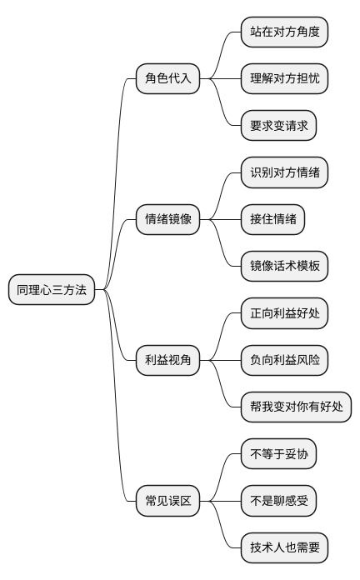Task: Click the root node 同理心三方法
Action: [x=52, y=290]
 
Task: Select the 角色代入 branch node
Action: [x=167, y=79]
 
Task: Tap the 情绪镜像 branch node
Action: [x=167, y=219]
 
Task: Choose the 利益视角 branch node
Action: [x=167, y=360]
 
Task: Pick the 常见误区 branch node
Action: [x=167, y=501]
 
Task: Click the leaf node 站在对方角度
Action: [x=284, y=32]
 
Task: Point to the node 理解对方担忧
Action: [x=284, y=79]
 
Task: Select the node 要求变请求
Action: [x=278, y=126]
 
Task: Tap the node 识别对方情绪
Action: [x=284, y=172]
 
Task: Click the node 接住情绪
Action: [x=272, y=219]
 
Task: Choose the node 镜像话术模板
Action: [x=284, y=267]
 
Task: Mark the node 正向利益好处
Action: [x=284, y=313]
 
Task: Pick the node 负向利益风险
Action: [x=284, y=360]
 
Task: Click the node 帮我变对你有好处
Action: [x=296, y=407]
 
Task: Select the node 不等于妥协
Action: [x=278, y=454]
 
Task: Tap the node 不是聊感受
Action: [x=278, y=501]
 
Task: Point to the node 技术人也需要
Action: [x=284, y=547]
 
